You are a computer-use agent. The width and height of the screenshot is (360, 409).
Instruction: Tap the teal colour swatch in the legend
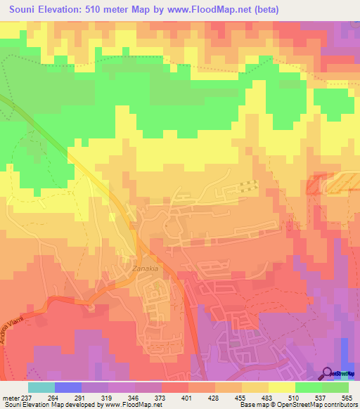(x=41, y=387)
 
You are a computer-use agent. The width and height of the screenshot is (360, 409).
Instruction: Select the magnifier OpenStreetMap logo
(x=328, y=372)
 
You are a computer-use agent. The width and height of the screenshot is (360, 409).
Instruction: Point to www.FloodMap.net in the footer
(x=131, y=405)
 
